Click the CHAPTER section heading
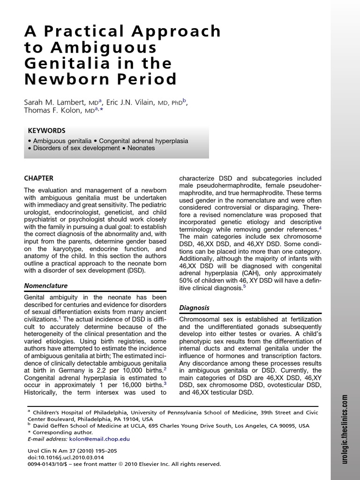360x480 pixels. pos(38,178)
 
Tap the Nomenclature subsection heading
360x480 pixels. pos(45,285)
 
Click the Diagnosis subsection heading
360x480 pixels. pos(194,307)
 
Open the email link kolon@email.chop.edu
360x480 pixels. pos(99,439)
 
